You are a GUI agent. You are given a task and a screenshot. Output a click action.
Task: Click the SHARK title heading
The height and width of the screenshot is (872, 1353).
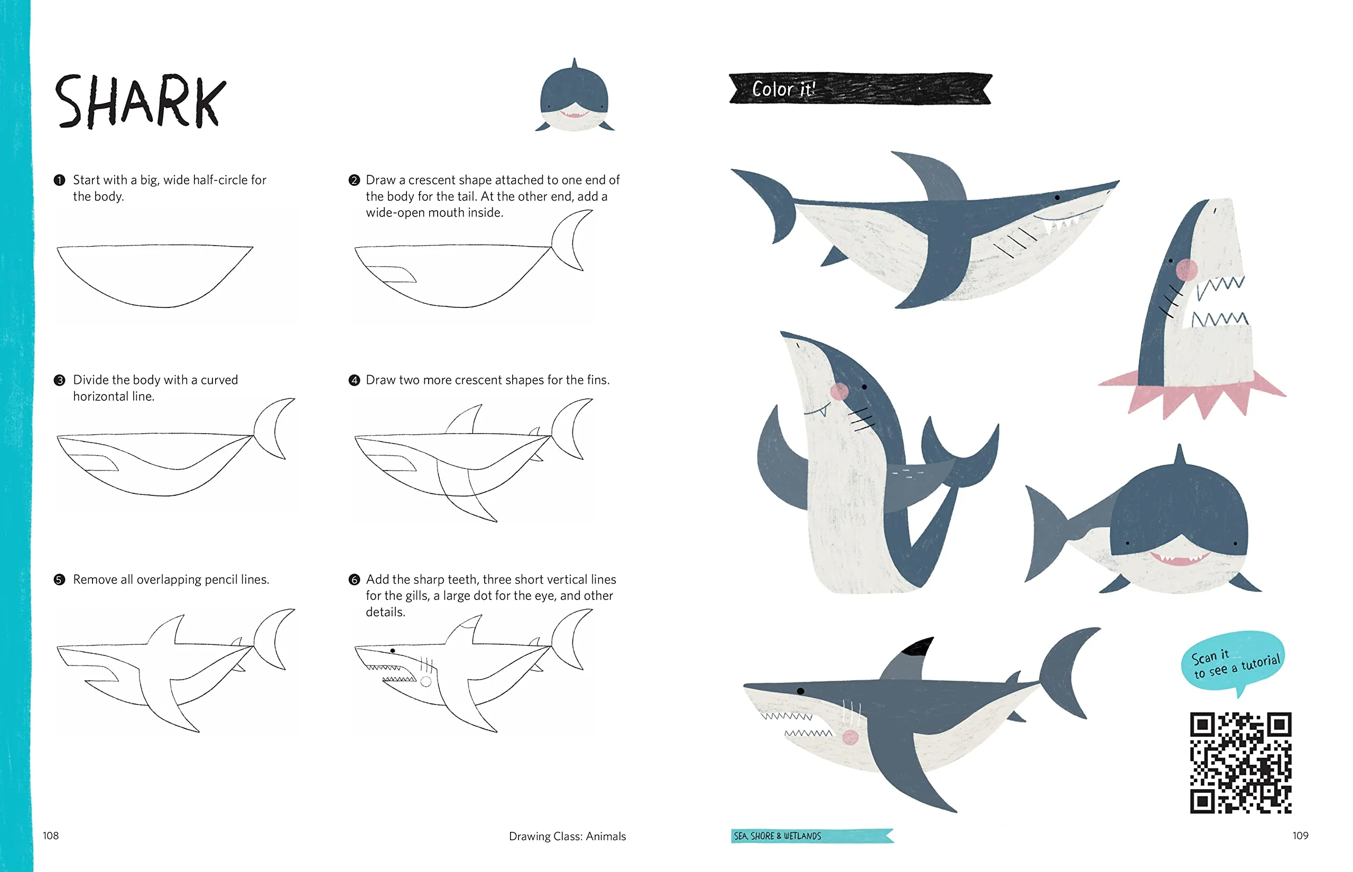pyautogui.click(x=140, y=101)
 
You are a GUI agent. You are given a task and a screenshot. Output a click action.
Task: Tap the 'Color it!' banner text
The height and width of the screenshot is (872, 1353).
pyautogui.click(x=784, y=89)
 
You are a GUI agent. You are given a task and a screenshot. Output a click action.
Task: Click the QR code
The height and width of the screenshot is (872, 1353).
pyautogui.click(x=1240, y=762)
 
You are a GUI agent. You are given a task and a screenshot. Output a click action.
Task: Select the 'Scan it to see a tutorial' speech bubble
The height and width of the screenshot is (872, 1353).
pyautogui.click(x=1233, y=663)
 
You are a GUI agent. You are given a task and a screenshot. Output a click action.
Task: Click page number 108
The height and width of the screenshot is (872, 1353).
pyautogui.click(x=50, y=835)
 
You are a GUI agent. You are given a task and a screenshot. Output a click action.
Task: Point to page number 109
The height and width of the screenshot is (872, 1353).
pyautogui.click(x=1300, y=835)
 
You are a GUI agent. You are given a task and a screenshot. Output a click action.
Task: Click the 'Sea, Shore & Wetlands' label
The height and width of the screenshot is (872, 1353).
pyautogui.click(x=777, y=836)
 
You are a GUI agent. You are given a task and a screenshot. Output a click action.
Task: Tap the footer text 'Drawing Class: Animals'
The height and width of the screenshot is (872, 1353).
pyautogui.click(x=567, y=836)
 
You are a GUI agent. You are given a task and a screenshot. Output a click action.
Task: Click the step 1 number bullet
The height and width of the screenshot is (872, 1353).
pyautogui.click(x=60, y=180)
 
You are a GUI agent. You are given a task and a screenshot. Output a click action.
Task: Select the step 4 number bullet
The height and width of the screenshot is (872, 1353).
pyautogui.click(x=354, y=380)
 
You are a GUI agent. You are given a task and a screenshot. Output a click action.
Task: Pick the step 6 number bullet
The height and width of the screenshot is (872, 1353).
pyautogui.click(x=354, y=579)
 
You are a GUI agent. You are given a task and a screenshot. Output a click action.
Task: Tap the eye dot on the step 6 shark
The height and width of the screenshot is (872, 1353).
pyautogui.click(x=392, y=651)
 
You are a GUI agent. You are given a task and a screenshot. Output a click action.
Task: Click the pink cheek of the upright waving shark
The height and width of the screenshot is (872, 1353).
pyautogui.click(x=839, y=391)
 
